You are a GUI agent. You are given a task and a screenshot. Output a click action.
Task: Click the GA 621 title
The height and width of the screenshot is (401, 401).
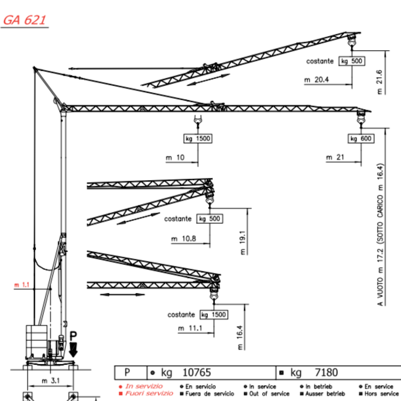pyautogui.click(x=25, y=20)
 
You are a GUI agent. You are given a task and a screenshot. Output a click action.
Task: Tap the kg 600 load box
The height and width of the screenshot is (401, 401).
pyautogui.click(x=361, y=139)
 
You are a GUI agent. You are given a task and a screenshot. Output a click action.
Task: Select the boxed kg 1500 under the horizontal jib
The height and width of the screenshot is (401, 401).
pyautogui.click(x=198, y=139)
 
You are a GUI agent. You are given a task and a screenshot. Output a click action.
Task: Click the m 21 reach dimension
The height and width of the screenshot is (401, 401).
pyautogui.click(x=335, y=157)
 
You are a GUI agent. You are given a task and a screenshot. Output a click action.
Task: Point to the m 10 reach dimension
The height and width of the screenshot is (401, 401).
pyautogui.click(x=175, y=157)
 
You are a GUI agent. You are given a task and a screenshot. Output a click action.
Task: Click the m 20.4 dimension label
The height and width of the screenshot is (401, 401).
pyautogui.click(x=316, y=80)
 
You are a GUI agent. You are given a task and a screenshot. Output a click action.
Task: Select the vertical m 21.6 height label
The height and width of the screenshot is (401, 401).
pyautogui.click(x=379, y=82)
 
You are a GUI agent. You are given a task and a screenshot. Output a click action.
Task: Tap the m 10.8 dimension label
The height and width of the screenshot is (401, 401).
pyautogui.click(x=183, y=239)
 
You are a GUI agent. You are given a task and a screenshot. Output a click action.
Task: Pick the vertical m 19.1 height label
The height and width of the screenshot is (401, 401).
pyautogui.click(x=243, y=242)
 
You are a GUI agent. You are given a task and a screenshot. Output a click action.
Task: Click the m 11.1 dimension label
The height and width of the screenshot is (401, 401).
pyautogui.click(x=190, y=328)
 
